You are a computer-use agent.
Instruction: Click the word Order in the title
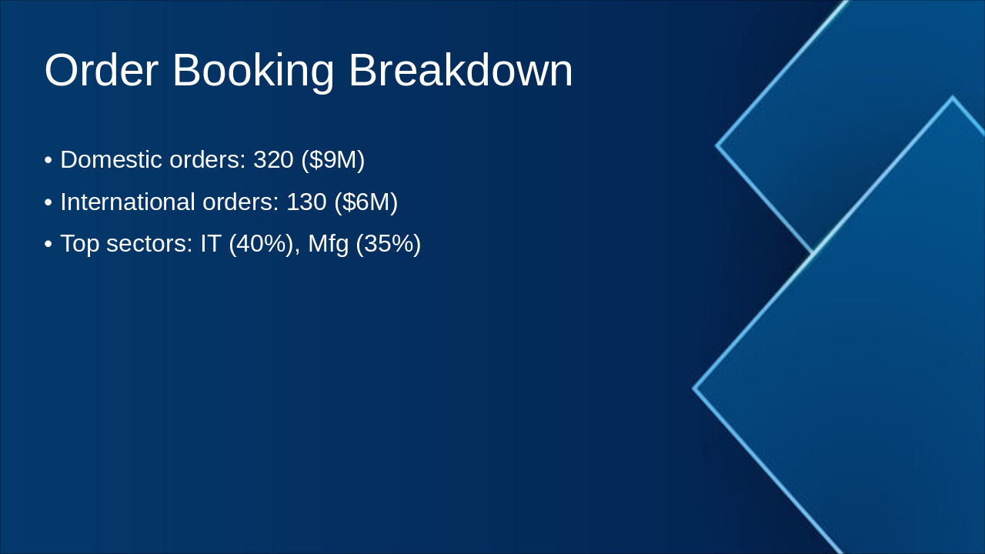tap(101, 71)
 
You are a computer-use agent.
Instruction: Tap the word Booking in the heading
tap(253, 71)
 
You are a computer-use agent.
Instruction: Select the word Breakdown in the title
tap(460, 71)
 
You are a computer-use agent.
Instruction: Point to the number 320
tap(273, 160)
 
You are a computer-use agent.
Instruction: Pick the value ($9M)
tap(332, 160)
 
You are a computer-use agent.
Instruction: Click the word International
tap(128, 202)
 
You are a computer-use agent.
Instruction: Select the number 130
tap(306, 202)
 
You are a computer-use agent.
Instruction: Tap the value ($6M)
tap(366, 202)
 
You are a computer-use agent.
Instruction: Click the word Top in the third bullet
tap(79, 244)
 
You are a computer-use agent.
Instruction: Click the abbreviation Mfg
tap(328, 244)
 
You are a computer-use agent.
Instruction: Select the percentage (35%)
tap(388, 244)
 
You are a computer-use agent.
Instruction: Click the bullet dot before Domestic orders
tap(48, 161)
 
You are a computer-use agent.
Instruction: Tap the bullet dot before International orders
tap(48, 203)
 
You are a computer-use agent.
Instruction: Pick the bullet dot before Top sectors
tap(48, 245)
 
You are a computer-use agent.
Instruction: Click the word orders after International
tap(240, 202)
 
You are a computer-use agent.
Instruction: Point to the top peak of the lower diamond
tap(953, 98)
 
